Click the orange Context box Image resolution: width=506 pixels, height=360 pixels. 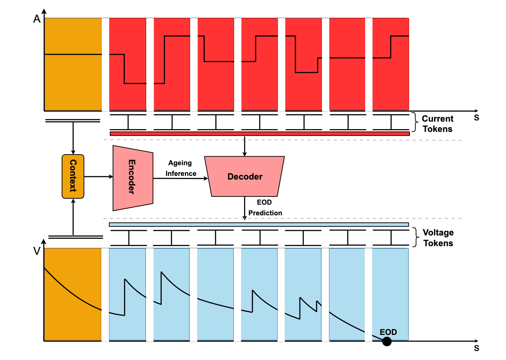point(73,176)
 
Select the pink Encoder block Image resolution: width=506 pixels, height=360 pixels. point(133,178)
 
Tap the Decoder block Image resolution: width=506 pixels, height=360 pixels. point(245,176)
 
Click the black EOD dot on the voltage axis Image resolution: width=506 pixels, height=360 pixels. point(386,341)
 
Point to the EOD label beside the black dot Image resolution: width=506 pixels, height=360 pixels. point(388,332)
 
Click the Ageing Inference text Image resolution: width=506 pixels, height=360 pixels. point(181,168)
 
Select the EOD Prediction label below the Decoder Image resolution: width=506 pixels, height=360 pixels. point(265,208)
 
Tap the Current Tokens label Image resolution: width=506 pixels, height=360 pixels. point(437,124)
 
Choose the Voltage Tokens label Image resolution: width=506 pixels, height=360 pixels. point(438,238)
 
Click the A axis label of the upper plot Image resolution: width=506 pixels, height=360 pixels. point(37,20)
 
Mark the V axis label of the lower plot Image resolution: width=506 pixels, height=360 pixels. point(37,251)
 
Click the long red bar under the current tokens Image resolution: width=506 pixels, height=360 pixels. point(260,134)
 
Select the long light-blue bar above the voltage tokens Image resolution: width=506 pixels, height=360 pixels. point(259,224)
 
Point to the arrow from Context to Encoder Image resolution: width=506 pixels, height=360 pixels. point(98,177)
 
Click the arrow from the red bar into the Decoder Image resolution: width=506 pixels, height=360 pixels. point(245,146)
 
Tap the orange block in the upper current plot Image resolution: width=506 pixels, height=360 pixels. point(73,64)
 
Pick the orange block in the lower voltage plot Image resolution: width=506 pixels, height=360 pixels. point(73,294)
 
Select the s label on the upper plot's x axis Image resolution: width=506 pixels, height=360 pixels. point(476,118)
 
